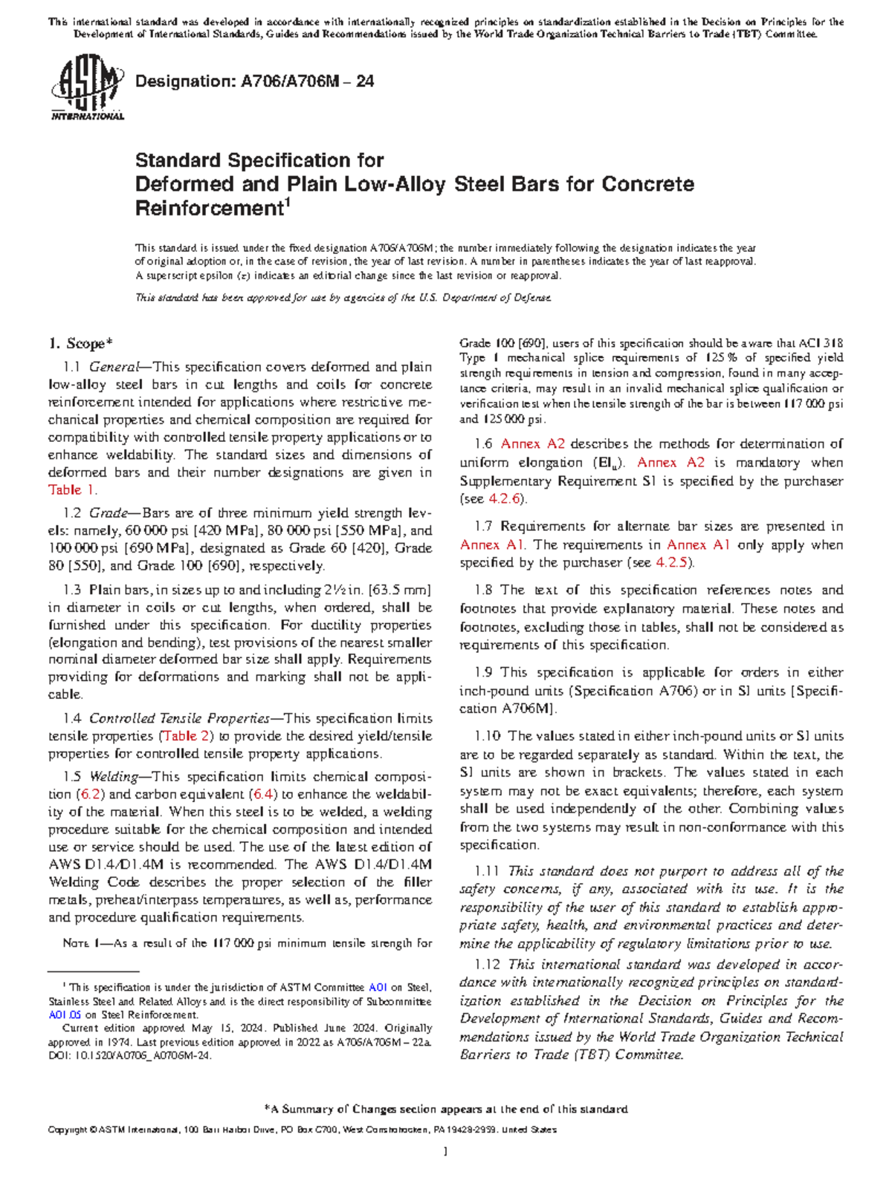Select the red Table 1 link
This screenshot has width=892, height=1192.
pyautogui.click(x=71, y=490)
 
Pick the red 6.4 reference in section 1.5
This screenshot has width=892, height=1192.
pyautogui.click(x=263, y=794)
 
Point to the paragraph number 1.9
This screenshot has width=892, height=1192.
pyautogui.click(x=484, y=673)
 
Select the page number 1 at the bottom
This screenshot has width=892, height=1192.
pyautogui.click(x=445, y=1153)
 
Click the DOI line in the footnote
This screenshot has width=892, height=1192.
pyautogui.click(x=130, y=1055)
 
